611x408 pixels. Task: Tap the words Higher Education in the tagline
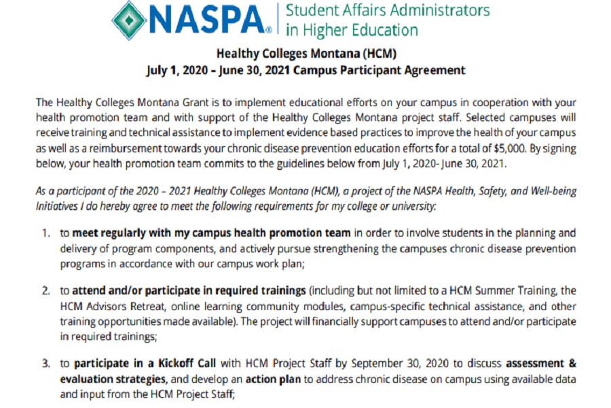(360, 31)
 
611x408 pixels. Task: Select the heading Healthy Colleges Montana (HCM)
(305, 53)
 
